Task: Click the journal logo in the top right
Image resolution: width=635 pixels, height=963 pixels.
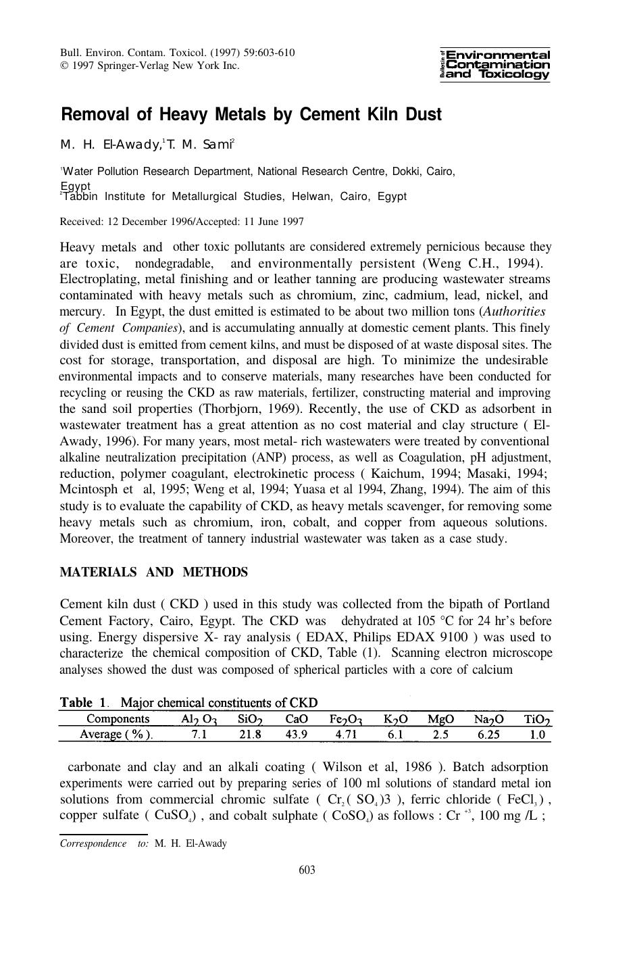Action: click(x=494, y=65)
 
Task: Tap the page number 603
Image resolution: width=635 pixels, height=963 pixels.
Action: click(x=307, y=870)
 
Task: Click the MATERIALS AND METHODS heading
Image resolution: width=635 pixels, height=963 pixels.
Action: click(x=153, y=572)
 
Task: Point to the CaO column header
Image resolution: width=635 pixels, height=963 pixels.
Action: click(x=296, y=718)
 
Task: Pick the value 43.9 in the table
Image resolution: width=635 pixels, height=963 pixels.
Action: click(x=296, y=735)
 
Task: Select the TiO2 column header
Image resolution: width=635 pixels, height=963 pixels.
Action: click(x=538, y=718)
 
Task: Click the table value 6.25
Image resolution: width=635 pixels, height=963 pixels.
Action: click(x=488, y=735)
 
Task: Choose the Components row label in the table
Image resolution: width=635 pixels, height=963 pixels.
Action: click(x=118, y=718)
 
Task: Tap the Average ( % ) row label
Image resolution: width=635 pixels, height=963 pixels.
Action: click(x=116, y=735)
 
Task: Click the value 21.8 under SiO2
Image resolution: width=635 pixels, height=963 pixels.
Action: click(x=249, y=735)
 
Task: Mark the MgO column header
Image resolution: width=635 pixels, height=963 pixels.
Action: click(x=440, y=718)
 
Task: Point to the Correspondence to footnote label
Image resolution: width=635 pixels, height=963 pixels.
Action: click(x=104, y=843)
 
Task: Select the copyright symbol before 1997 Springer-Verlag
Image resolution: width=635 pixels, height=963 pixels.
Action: click(x=63, y=66)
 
